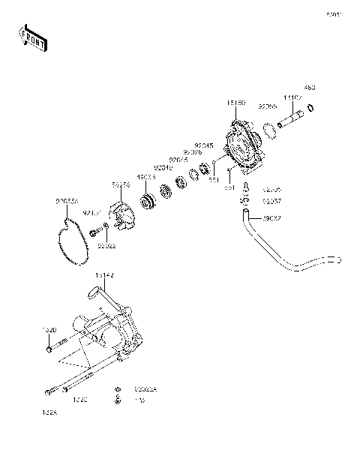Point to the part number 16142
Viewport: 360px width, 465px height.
pos(104,275)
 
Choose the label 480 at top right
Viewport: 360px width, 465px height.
pos(310,88)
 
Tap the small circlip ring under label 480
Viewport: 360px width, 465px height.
pos(310,109)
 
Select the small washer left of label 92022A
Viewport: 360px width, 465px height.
pos(118,390)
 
